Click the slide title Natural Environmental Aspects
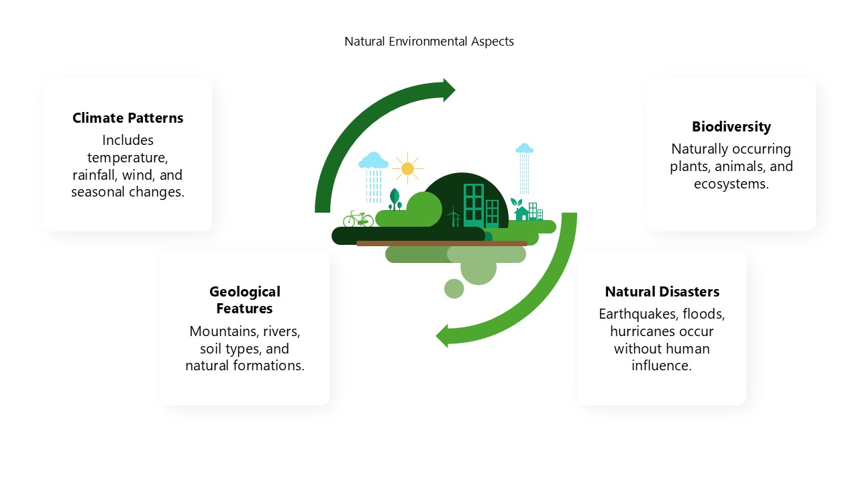(429, 42)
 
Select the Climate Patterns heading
(128, 118)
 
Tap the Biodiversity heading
(731, 127)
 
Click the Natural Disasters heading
(662, 292)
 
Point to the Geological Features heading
(245, 300)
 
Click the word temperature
(128, 158)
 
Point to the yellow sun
(407, 168)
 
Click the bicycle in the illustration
(358, 219)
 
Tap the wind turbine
(454, 217)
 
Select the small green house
(521, 213)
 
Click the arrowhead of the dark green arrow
(448, 90)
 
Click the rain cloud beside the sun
(372, 160)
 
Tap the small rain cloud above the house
(524, 148)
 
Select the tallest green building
(474, 206)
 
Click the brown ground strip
(442, 244)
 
